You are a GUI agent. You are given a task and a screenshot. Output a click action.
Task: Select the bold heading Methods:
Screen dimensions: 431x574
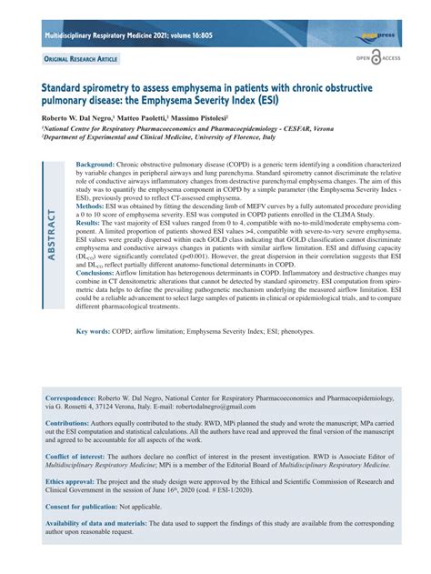click(106, 206)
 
